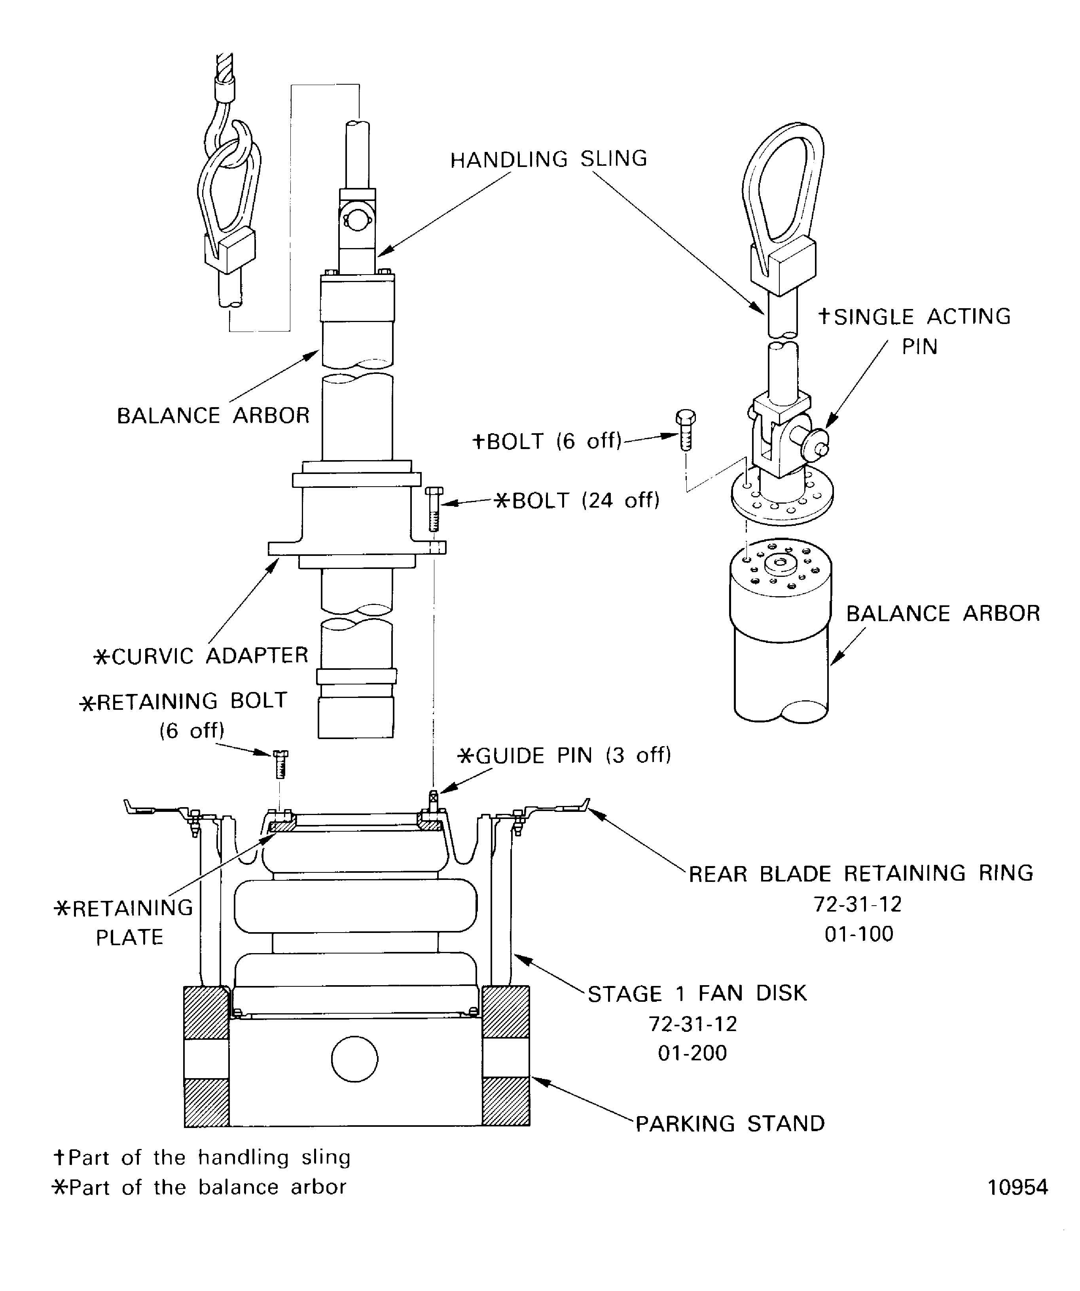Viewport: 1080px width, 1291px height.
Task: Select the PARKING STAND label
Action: [x=729, y=1123]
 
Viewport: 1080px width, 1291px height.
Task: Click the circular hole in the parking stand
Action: [x=355, y=1059]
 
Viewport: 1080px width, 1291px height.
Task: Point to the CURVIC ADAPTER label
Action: [x=201, y=655]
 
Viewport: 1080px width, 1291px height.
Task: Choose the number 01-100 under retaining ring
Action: [x=859, y=933]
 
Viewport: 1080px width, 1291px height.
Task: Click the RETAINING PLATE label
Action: [x=125, y=922]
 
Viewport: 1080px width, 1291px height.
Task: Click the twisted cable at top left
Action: [x=225, y=68]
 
